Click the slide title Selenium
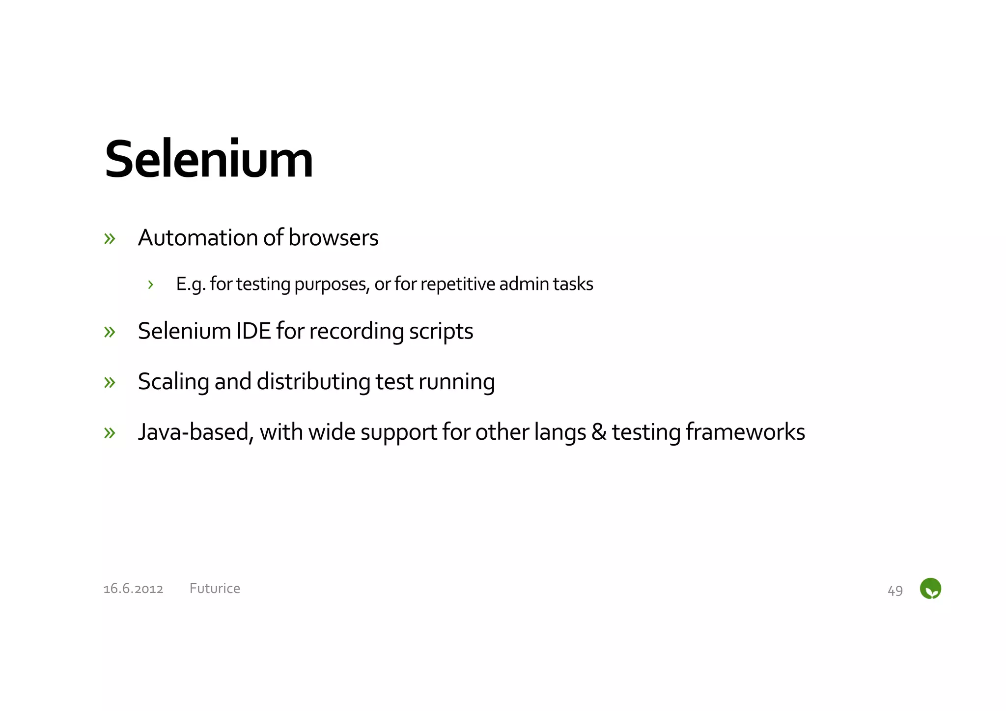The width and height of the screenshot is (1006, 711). [x=209, y=160]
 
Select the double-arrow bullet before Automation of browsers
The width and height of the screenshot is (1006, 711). [x=110, y=239]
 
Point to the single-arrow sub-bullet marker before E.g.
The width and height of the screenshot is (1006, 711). [x=150, y=284]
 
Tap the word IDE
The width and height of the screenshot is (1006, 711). [x=253, y=331]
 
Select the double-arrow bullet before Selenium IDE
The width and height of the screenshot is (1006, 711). [x=110, y=332]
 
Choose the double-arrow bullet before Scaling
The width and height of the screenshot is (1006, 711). [x=110, y=382]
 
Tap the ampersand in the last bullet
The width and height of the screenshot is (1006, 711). [x=598, y=432]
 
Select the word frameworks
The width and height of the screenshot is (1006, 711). [x=745, y=432]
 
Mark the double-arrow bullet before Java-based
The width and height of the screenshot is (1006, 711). [x=110, y=433]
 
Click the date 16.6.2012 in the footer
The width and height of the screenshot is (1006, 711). [x=133, y=589]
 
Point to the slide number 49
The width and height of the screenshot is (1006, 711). [x=895, y=590]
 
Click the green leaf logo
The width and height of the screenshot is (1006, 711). [x=930, y=588]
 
